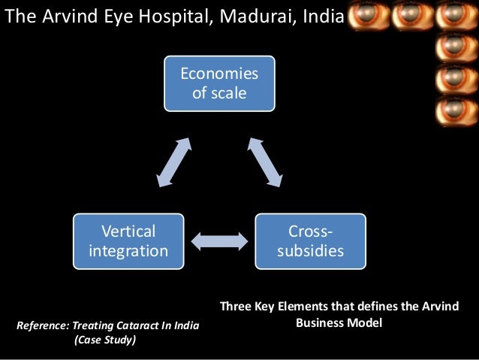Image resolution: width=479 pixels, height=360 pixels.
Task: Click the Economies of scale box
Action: coord(218,84)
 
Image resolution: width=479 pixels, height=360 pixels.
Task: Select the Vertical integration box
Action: coord(128,241)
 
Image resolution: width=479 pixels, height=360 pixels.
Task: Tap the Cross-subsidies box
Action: coord(310,241)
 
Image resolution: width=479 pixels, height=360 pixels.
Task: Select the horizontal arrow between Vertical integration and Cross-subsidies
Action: coord(219,241)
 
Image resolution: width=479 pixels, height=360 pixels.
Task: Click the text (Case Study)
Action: coord(104,339)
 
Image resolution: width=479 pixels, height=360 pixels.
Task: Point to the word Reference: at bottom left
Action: coord(41,325)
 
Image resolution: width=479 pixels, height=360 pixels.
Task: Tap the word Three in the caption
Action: coord(234,309)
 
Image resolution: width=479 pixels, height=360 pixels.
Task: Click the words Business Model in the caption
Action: coord(339,324)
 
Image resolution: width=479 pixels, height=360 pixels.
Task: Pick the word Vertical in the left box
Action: coord(128,231)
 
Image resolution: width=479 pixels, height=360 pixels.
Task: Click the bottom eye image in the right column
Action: coord(456,110)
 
